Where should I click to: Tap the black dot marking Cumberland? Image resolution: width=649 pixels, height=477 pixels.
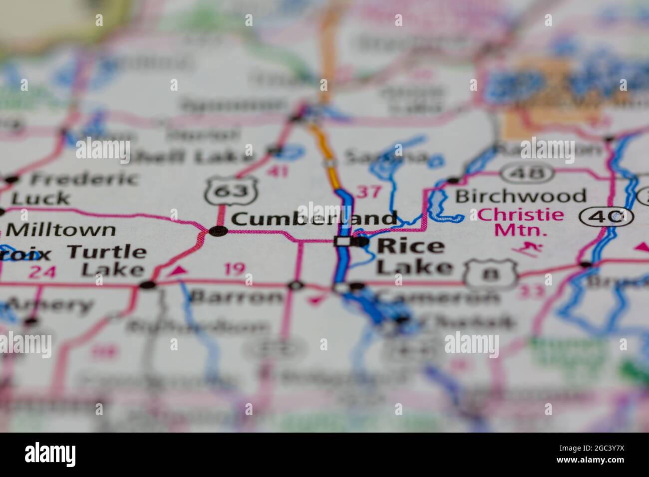[218, 231]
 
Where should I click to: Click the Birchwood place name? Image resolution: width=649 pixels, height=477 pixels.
[520, 196]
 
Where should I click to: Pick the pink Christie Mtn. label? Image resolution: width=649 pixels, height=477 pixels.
[521, 223]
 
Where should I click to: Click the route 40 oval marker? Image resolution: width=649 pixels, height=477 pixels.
[607, 217]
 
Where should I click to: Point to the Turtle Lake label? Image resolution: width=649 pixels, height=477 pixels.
[107, 260]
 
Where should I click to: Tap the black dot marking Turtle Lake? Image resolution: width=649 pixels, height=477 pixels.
[148, 285]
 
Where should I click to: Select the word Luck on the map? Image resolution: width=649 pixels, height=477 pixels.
[41, 199]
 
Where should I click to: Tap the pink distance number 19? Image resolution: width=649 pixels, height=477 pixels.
[235, 269]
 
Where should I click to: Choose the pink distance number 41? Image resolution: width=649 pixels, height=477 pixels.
[278, 172]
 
